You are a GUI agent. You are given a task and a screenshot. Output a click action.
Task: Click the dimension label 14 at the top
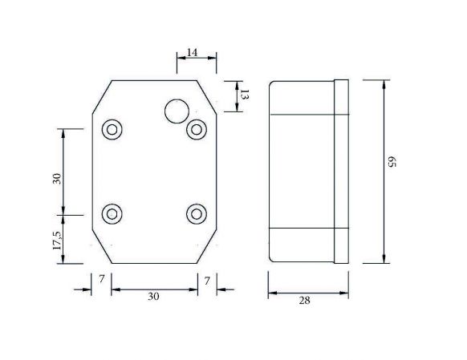pos(192,52)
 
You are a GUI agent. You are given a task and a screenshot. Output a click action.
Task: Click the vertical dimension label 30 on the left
pos(57,179)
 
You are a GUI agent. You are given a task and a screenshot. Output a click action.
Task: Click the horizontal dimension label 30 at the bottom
pos(153,297)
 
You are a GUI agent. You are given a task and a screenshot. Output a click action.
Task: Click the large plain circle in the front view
pos(176,111)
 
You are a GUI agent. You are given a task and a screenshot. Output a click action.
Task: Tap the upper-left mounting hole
pos(112,128)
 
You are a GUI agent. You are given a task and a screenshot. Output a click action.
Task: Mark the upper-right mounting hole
pos(196,128)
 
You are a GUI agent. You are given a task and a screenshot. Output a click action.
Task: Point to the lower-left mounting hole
pos(112,212)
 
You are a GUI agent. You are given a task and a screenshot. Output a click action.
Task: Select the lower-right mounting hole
pos(196,213)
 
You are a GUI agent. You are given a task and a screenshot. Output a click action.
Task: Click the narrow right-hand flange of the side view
pos(341,171)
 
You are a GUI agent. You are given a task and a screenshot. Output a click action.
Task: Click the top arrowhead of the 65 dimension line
pos(387,84)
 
